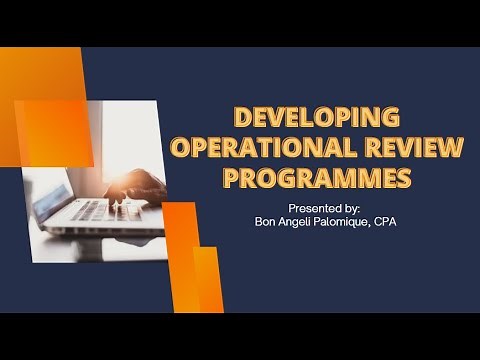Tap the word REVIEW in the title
tap(413, 148)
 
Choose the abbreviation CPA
tap(384, 221)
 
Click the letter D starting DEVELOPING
tap(241, 116)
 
